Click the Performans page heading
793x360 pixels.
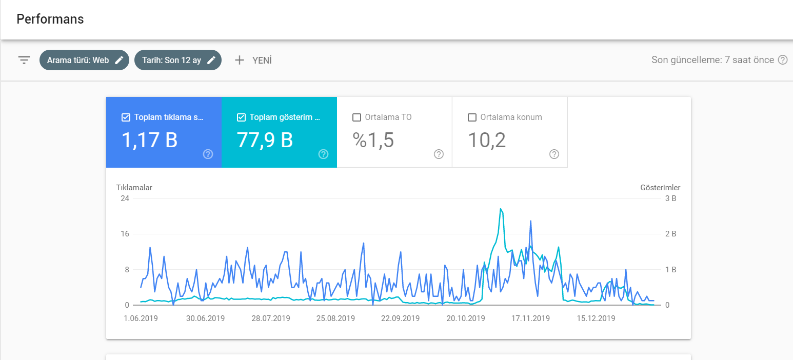(x=50, y=19)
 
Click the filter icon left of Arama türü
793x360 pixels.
(x=24, y=60)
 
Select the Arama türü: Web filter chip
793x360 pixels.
(x=84, y=60)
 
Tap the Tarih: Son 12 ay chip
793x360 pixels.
(x=178, y=60)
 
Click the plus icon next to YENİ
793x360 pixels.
(x=240, y=60)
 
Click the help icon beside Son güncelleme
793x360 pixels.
(x=782, y=60)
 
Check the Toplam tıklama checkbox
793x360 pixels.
(x=126, y=117)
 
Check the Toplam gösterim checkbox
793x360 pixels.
(x=241, y=117)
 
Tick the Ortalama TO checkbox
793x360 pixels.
(x=356, y=117)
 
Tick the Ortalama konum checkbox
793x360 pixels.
(x=472, y=117)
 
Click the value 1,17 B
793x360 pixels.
(x=149, y=140)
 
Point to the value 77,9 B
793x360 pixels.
(x=265, y=140)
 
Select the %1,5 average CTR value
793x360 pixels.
(x=373, y=140)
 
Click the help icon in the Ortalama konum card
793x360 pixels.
(x=554, y=154)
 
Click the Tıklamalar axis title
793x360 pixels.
(x=134, y=188)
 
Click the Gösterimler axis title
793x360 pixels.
(x=660, y=188)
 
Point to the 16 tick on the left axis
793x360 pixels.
(x=125, y=234)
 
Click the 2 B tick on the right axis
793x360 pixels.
(x=670, y=234)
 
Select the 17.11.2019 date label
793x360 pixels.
(x=530, y=318)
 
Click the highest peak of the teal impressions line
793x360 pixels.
(x=501, y=209)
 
